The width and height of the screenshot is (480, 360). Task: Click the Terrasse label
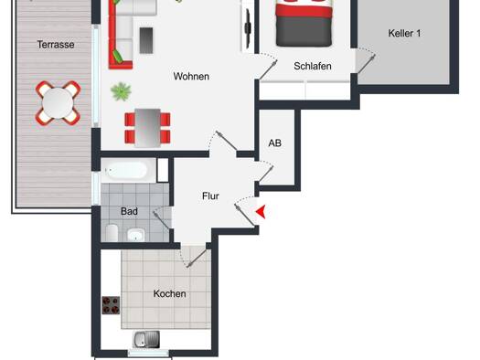(x=56, y=45)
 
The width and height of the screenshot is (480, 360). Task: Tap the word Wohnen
(x=191, y=76)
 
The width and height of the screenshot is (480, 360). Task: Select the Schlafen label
(x=313, y=66)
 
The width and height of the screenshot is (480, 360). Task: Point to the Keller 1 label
(x=404, y=33)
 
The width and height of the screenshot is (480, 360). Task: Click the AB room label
(x=275, y=143)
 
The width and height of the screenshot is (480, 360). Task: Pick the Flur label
(x=210, y=196)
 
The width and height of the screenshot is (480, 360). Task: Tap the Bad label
(x=129, y=211)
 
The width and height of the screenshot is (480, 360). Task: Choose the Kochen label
(x=169, y=293)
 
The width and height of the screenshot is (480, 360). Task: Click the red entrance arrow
(x=261, y=212)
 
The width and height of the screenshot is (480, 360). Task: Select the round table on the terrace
(x=58, y=102)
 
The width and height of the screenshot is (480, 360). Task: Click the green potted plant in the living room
(x=121, y=91)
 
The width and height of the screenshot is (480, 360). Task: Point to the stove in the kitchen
(x=111, y=305)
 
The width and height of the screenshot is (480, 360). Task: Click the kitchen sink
(x=146, y=340)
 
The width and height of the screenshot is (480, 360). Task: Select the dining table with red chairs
(x=147, y=128)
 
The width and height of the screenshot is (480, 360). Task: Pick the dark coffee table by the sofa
(x=146, y=41)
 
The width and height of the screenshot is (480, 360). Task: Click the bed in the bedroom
(x=304, y=23)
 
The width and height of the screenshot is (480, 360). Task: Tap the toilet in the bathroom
(x=112, y=233)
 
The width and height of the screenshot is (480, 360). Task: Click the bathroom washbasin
(x=136, y=235)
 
